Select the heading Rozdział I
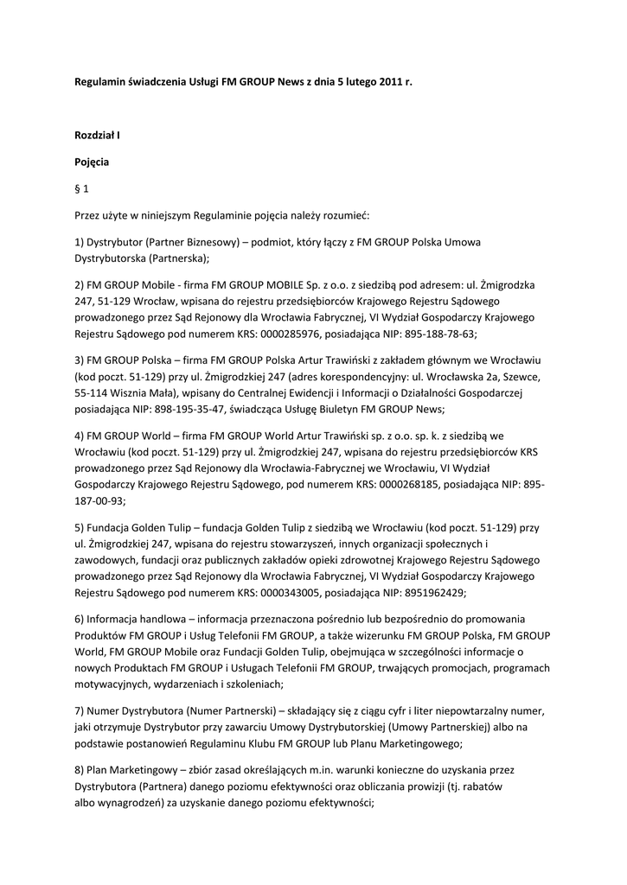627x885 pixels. (98, 137)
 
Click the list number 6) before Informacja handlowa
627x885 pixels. (79, 620)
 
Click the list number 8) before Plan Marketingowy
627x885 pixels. (79, 771)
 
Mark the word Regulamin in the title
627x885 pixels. (99, 81)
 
